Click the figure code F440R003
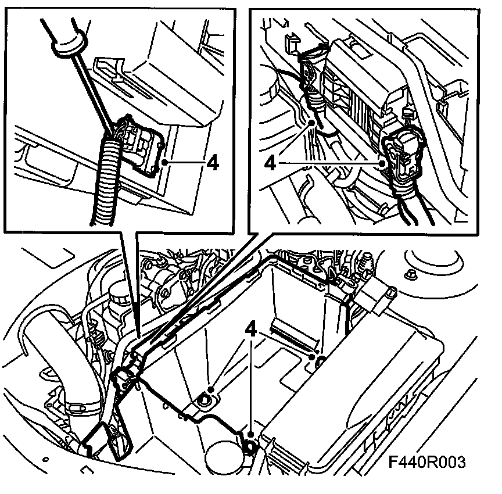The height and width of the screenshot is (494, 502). [428, 463]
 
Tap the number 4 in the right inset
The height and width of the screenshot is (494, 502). [270, 163]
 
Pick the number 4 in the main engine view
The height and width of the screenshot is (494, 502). [251, 330]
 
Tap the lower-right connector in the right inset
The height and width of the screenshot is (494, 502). [403, 157]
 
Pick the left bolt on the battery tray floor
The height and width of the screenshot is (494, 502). [206, 399]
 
